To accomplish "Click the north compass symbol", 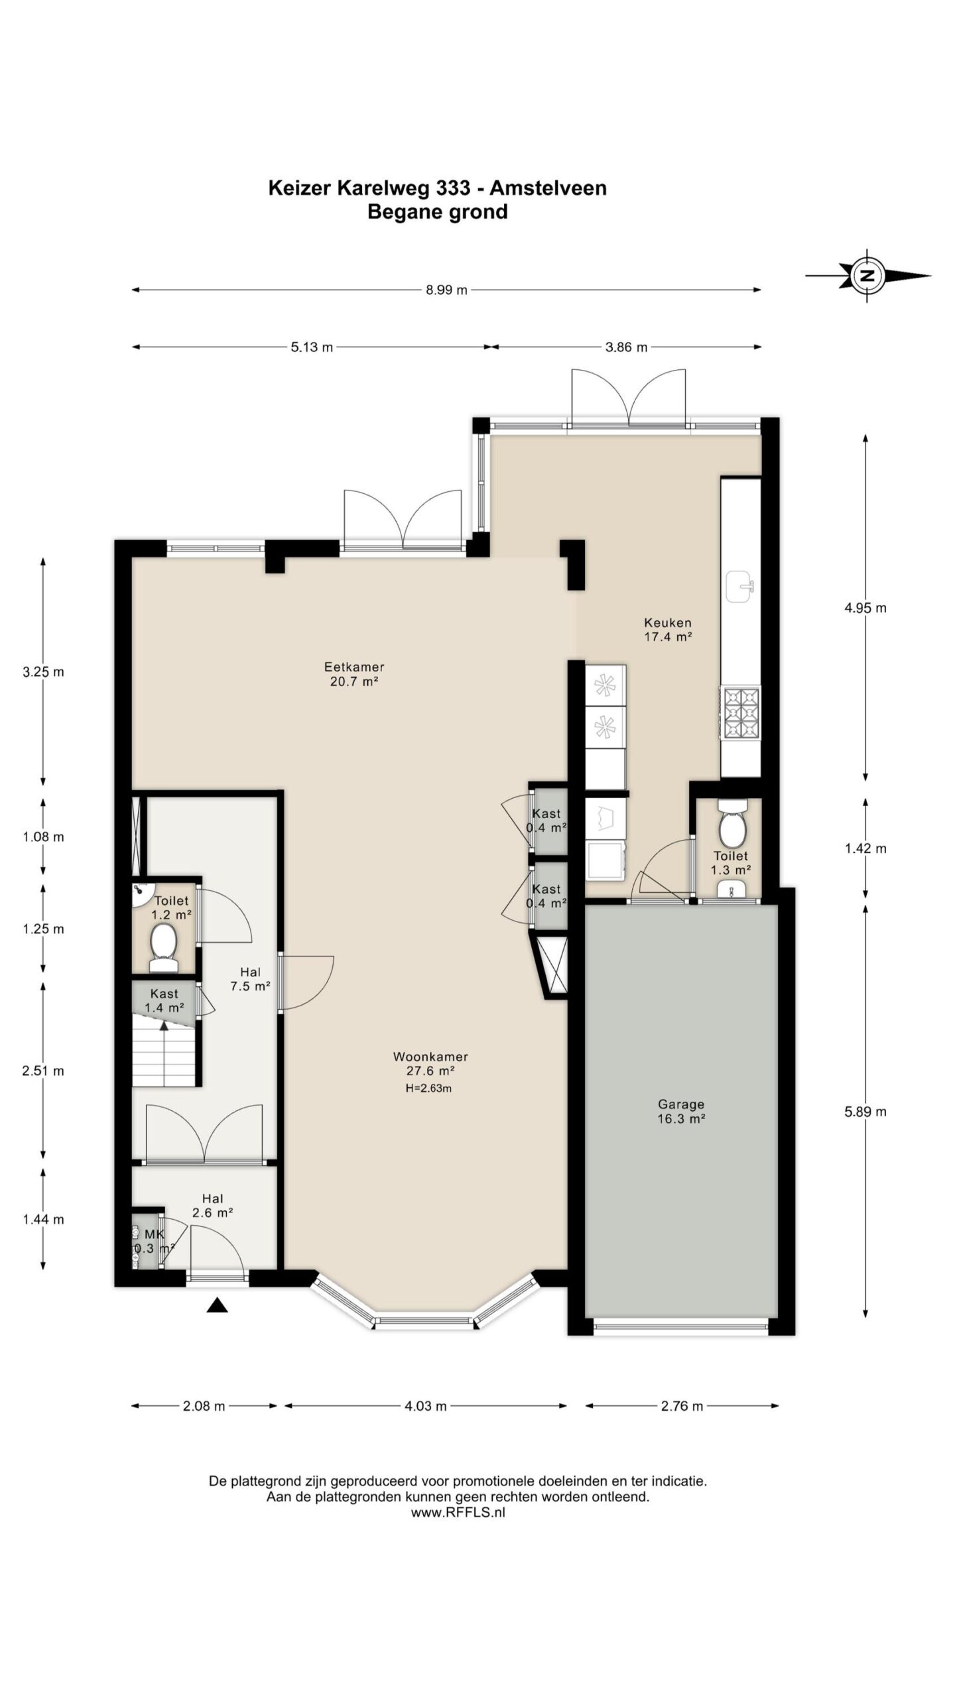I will point(867,276).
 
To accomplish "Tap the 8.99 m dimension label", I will point(446,290).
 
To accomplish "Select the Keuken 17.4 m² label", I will point(668,630).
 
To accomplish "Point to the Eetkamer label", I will point(354,667).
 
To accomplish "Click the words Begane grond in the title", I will point(437,212).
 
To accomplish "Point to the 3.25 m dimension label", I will point(43,672).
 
